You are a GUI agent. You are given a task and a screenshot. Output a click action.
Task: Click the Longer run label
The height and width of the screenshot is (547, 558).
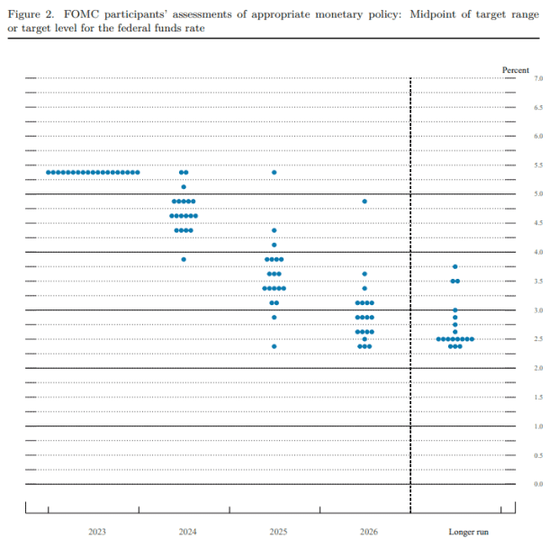pyautogui.click(x=468, y=533)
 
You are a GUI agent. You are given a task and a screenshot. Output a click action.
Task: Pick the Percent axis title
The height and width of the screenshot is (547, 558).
pyautogui.click(x=516, y=69)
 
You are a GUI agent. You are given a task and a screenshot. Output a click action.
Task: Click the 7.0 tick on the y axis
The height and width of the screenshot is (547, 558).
pyautogui.click(x=538, y=79)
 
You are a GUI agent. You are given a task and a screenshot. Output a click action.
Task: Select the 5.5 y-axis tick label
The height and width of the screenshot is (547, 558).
pyautogui.click(x=538, y=166)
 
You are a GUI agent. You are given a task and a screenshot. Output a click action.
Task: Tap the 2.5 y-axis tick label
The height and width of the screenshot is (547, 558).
pyautogui.click(x=538, y=339)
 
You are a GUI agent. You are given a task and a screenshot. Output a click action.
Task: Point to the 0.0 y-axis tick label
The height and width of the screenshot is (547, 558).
pyautogui.click(x=538, y=484)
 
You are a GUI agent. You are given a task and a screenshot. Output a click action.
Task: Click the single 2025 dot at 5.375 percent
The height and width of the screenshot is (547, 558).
pyautogui.click(x=274, y=172)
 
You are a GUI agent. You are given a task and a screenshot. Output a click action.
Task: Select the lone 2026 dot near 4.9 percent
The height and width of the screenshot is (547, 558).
pyautogui.click(x=364, y=201)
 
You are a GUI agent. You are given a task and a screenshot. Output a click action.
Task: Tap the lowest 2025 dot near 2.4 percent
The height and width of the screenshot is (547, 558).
pyautogui.click(x=274, y=346)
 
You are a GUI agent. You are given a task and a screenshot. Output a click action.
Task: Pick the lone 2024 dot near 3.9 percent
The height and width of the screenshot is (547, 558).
pyautogui.click(x=184, y=259)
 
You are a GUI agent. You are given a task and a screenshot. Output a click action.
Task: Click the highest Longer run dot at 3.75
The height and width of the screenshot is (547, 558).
pyautogui.click(x=455, y=266)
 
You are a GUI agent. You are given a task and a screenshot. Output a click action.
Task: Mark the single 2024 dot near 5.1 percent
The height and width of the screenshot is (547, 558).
pyautogui.click(x=184, y=186)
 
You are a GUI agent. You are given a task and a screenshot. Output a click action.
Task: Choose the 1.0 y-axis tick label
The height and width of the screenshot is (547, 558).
pyautogui.click(x=538, y=426)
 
